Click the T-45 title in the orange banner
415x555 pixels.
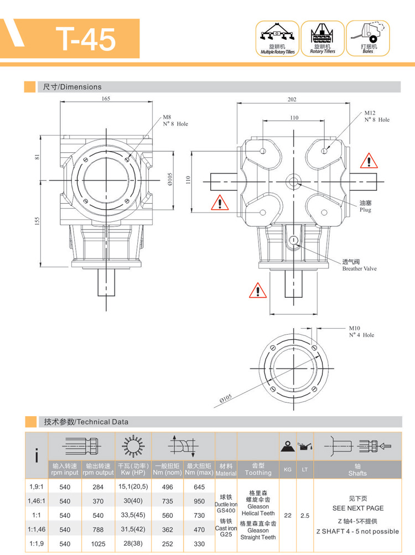coord(86,39)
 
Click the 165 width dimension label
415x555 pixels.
coord(105,98)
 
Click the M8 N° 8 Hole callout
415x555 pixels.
coord(175,121)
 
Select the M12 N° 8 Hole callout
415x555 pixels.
coord(376,116)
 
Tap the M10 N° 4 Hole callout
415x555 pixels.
coord(361,331)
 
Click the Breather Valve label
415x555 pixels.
coord(359,265)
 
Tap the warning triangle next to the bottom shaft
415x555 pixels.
coord(256,290)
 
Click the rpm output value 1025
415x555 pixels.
coord(98,544)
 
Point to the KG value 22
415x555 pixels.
coord(288,515)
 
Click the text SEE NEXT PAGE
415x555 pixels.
coord(357,508)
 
